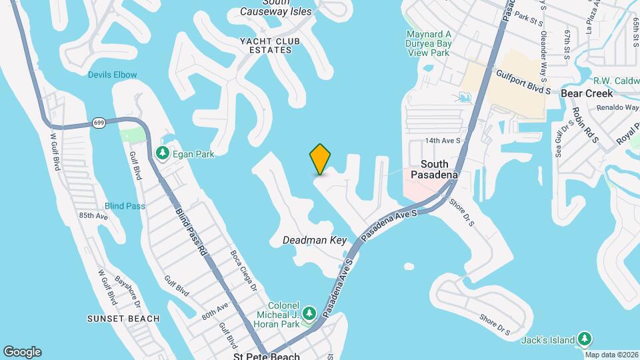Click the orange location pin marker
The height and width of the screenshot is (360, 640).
320,159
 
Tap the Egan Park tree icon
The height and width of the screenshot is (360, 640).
163,154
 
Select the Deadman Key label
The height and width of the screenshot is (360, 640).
315,240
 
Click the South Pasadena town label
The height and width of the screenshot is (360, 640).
439,169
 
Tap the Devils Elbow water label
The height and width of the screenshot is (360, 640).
112,75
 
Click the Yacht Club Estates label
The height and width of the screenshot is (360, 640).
267,45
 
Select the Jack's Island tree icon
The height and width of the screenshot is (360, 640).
585,339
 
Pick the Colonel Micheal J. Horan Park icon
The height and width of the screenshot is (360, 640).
309,313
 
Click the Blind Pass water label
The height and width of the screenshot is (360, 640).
125,206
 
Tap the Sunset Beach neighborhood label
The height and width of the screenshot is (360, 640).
123,319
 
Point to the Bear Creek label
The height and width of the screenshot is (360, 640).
587,93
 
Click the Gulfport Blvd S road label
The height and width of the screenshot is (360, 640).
523,81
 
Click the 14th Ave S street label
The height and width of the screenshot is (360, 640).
443,141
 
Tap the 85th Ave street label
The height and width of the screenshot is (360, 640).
93,216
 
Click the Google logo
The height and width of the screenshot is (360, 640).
22,352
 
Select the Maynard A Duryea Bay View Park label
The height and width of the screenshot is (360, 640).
430,43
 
